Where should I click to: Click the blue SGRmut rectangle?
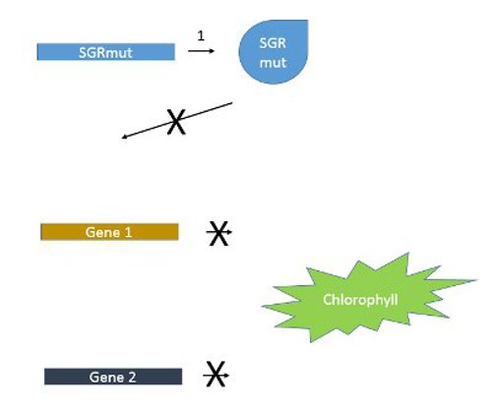pos(105,51)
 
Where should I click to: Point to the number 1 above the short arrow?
pos(201,35)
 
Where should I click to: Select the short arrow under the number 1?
pos(200,51)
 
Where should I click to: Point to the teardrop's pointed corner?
pos(301,28)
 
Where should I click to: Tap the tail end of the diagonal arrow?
pos(232,102)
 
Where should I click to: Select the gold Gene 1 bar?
pos(109,232)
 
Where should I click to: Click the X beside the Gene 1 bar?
pos(220,233)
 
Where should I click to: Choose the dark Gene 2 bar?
pos(113,376)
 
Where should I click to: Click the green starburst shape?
pos(358,297)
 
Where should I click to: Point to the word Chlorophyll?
pos(360,298)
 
